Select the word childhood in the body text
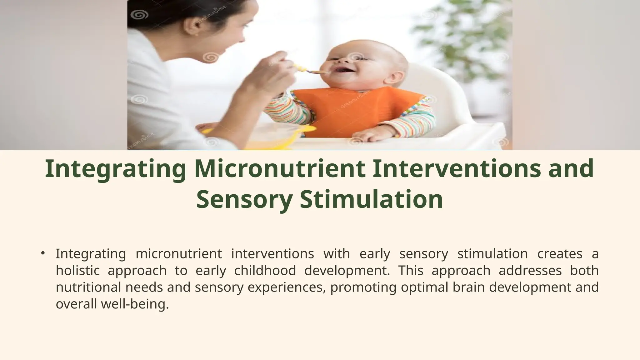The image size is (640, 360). pyautogui.click(x=265, y=270)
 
